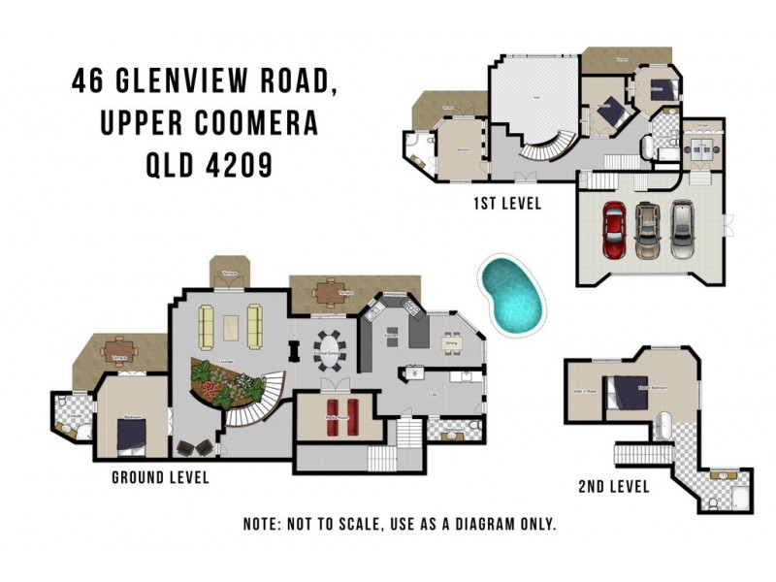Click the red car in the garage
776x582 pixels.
pyautogui.click(x=615, y=231)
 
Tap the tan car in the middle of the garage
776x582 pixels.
pyautogui.click(x=648, y=230)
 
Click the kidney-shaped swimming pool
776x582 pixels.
pyautogui.click(x=511, y=294)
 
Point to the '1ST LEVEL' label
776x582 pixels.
pyautogui.click(x=506, y=204)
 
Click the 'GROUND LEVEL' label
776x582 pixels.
pyautogui.click(x=160, y=477)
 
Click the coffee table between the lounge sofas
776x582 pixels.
pyautogui.click(x=232, y=327)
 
